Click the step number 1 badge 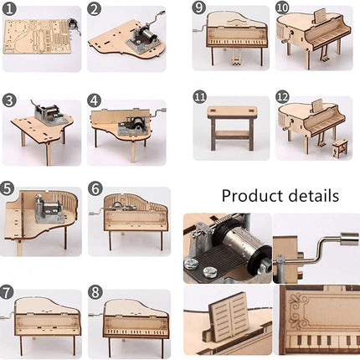pos(9,9)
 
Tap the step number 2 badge pos(95,9)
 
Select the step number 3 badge pos(9,100)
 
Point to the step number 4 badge pos(95,100)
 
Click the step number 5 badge pos(9,190)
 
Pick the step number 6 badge pos(95,190)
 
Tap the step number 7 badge pos(9,293)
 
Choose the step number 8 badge pos(95,293)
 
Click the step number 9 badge pos(199,8)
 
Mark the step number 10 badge pos(282,8)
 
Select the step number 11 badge pos(199,99)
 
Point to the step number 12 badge pos(282,99)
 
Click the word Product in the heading pos(255,197)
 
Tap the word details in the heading pos(316,196)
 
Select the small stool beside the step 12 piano pos(339,150)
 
